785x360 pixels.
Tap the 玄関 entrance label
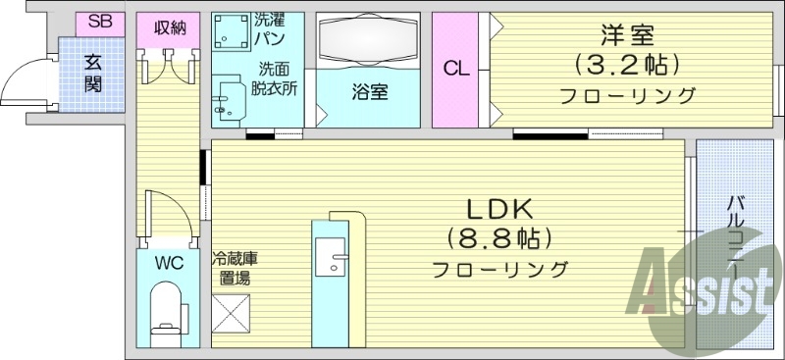point(94,70)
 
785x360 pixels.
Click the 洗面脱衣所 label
point(278,77)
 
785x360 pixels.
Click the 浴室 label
point(369,94)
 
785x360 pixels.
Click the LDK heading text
point(499,208)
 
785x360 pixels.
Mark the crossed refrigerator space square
point(233,317)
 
